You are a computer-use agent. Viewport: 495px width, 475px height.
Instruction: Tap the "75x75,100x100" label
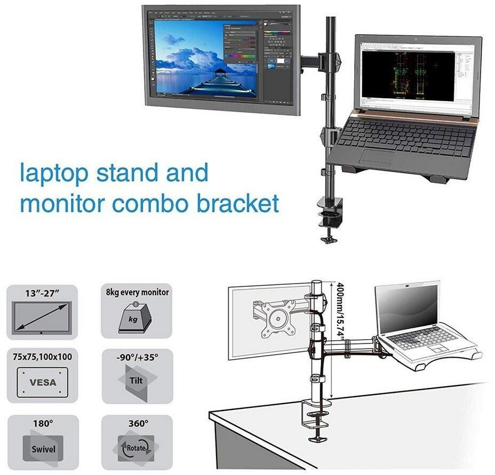(42, 356)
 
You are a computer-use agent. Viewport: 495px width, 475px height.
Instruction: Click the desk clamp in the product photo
(330, 211)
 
